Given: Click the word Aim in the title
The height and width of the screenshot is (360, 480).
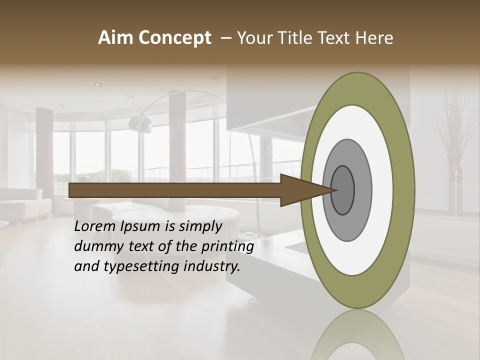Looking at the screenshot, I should (x=116, y=38).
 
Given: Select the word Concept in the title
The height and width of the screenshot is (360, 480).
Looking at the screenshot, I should (x=174, y=38).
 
